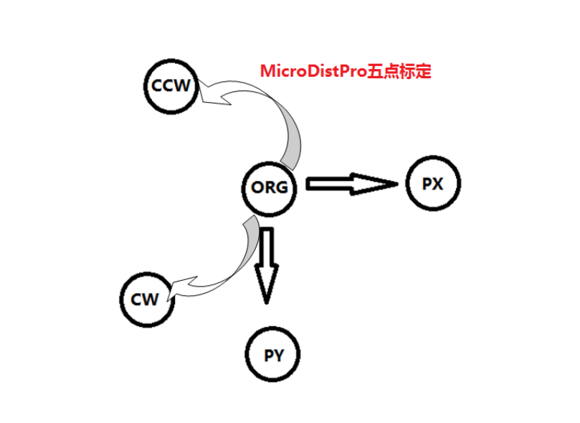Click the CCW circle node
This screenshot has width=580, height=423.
(x=171, y=86)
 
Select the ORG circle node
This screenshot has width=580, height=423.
(x=270, y=188)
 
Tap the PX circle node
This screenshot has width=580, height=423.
(x=433, y=184)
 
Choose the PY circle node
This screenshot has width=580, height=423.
(x=274, y=355)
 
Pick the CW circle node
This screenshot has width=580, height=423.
(x=148, y=299)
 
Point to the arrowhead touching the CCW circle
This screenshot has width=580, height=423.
(x=215, y=93)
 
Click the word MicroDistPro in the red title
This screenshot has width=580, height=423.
(x=313, y=72)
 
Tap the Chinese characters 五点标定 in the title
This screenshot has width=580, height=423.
(x=399, y=72)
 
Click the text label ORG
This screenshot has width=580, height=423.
(x=270, y=188)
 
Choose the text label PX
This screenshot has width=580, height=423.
(x=433, y=184)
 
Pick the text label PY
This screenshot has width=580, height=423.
(x=274, y=355)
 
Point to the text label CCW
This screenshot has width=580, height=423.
(x=171, y=86)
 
